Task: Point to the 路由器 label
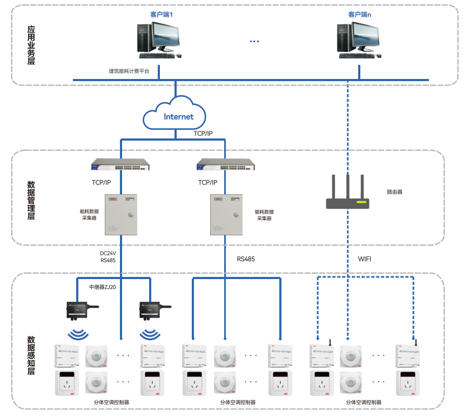point(395,191)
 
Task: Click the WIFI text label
point(365,259)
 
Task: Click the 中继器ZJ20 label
point(103,287)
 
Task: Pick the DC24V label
point(108,253)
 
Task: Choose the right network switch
point(225,164)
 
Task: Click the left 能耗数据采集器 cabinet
point(120,214)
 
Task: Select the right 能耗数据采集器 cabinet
point(226,214)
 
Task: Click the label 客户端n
point(359,14)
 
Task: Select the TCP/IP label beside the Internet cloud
point(203,133)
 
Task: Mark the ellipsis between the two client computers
point(254,41)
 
